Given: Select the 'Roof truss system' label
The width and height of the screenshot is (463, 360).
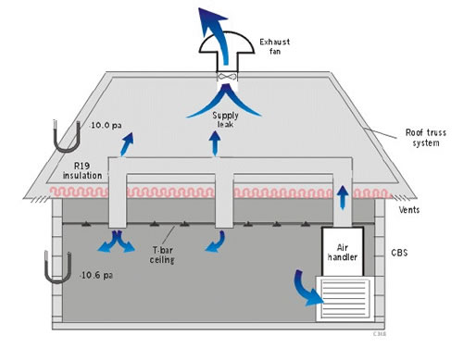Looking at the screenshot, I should (x=423, y=136).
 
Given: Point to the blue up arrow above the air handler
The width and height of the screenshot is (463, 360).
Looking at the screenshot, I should (x=344, y=194).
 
